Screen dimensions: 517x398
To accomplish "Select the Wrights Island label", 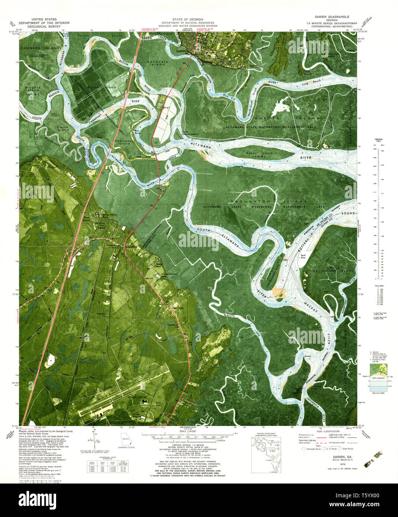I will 32,89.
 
